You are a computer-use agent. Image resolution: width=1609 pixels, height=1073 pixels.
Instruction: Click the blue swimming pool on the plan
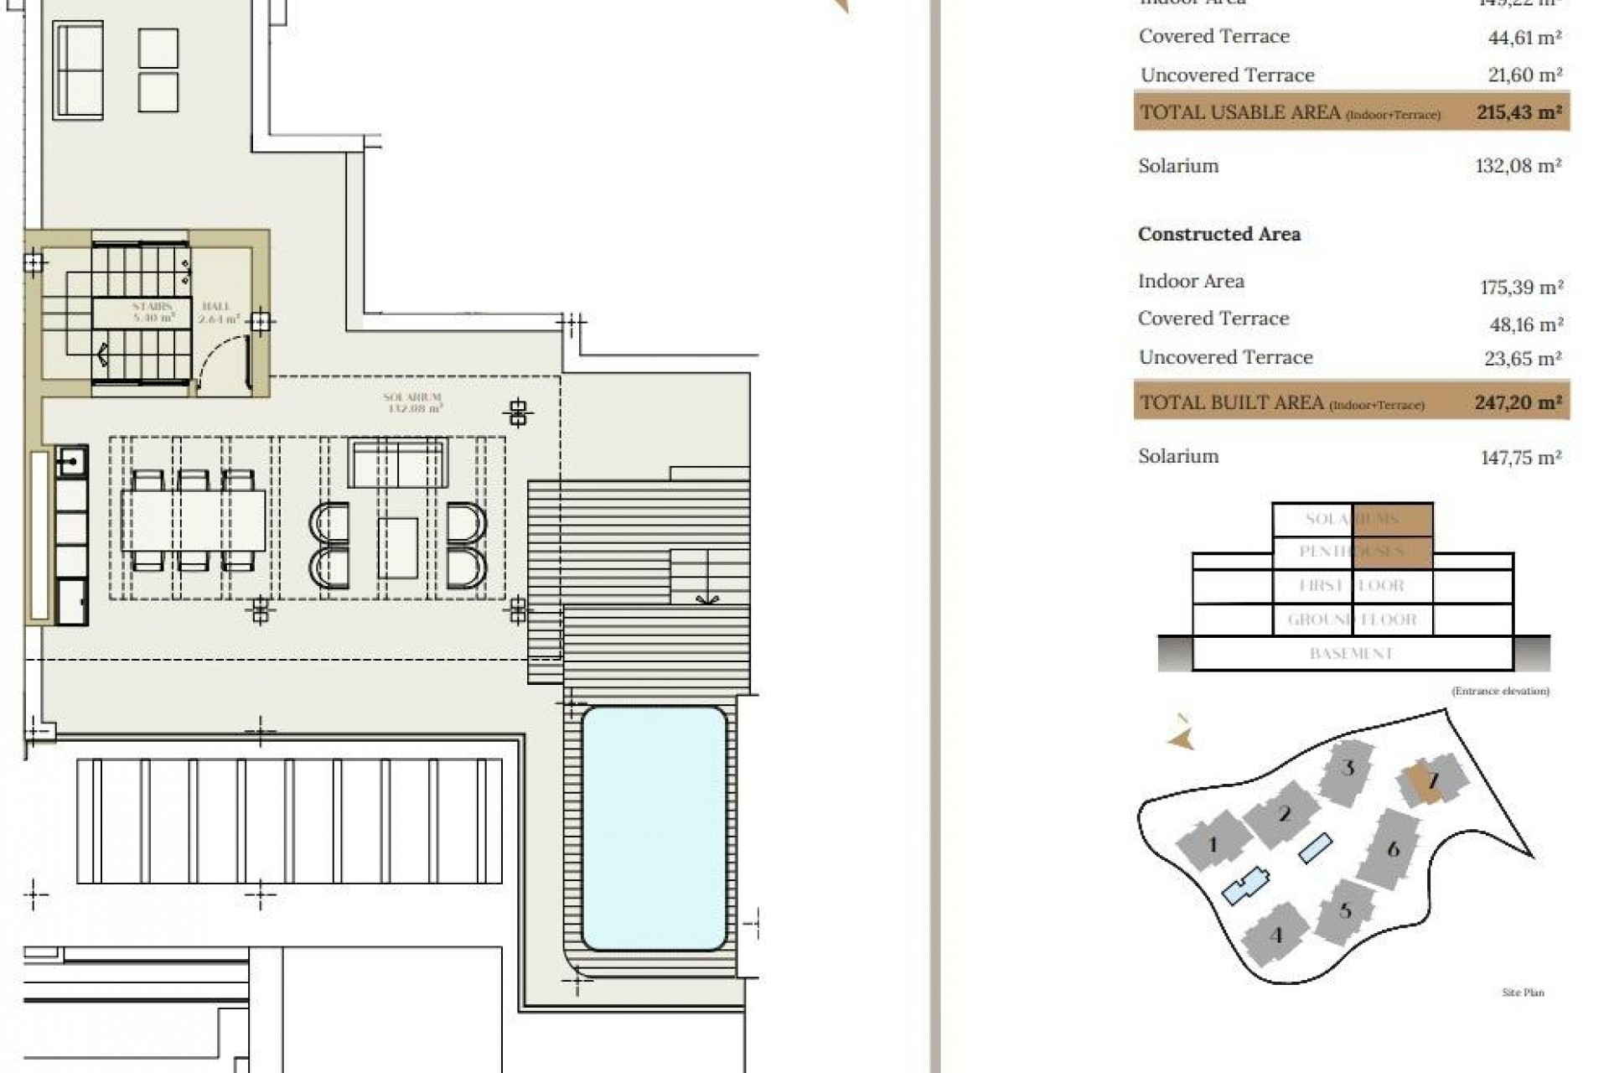point(654,827)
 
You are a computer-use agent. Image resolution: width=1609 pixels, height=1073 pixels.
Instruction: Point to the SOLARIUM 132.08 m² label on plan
point(412,403)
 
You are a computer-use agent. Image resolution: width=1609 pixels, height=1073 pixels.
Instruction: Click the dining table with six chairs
point(194,521)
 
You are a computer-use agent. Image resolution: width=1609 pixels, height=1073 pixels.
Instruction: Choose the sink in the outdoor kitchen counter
point(71,462)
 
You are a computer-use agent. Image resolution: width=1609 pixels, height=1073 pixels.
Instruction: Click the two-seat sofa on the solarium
point(397,463)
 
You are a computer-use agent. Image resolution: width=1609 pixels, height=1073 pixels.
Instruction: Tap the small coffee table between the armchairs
point(397,547)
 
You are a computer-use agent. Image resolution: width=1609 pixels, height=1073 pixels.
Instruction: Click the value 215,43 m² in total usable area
point(1518,111)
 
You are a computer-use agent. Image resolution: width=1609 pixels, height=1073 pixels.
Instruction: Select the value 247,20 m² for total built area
point(1518,402)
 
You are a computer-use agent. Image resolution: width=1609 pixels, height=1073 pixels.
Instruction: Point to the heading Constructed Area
point(1218,234)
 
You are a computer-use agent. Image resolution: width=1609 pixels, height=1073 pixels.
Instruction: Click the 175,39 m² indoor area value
point(1521,288)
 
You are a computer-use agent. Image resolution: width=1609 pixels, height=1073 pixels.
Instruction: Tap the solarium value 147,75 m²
point(1520,458)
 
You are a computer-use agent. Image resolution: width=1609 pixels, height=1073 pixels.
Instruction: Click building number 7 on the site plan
point(1432,781)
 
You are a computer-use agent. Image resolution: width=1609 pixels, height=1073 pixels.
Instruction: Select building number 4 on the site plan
point(1276,935)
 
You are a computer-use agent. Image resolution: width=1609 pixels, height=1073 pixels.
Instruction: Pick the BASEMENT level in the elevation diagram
point(1351,653)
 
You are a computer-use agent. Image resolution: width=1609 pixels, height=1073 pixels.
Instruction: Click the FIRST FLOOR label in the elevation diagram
point(1351,586)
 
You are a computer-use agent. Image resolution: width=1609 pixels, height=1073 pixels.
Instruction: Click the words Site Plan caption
point(1522,993)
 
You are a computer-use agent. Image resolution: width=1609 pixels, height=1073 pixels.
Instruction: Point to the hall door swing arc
point(221,356)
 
